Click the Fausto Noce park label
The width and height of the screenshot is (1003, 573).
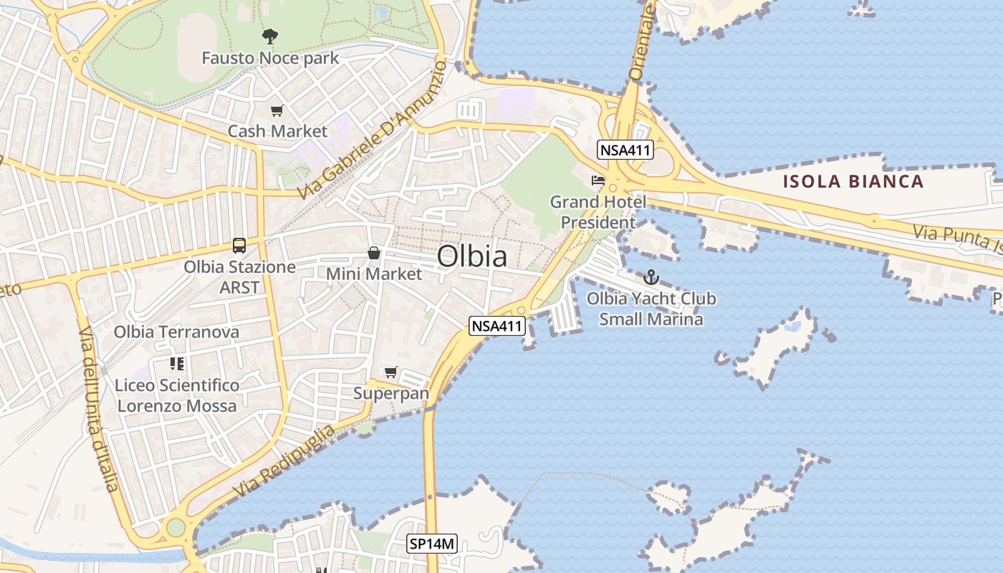point(270,58)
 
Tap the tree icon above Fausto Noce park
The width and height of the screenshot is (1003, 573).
point(270,36)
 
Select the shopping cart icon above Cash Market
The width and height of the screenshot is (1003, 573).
point(277,110)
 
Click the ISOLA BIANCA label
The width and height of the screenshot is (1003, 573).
point(853,181)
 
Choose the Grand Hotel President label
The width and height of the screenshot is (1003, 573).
point(598,212)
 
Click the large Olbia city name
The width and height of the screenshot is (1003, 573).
point(472,256)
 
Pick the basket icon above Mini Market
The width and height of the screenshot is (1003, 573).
point(374,253)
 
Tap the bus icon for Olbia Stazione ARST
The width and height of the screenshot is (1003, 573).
point(239,246)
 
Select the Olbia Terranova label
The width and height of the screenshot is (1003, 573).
point(176,332)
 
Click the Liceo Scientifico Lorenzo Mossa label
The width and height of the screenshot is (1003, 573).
point(177,395)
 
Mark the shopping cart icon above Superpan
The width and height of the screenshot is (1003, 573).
point(391,372)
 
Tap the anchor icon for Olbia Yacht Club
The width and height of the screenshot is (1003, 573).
point(651,276)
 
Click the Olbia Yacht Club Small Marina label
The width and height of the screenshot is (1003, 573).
point(651,309)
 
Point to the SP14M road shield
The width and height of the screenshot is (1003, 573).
point(432,544)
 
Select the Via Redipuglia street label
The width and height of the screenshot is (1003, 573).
point(284,463)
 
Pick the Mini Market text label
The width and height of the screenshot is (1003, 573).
point(374,274)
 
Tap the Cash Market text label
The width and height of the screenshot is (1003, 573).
point(277,131)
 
